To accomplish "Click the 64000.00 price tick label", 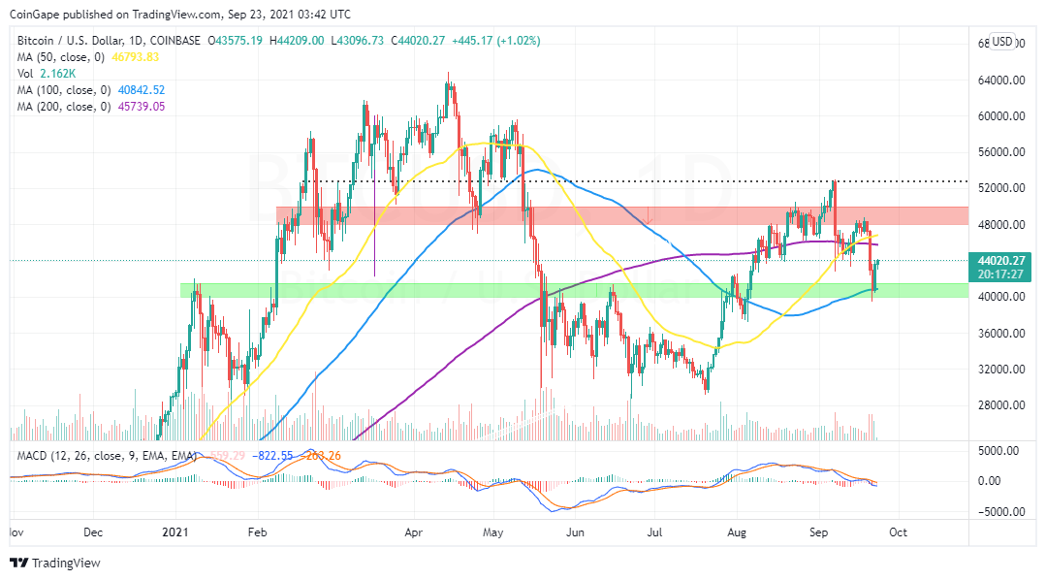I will (x=999, y=81).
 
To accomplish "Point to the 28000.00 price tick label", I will (x=999, y=405).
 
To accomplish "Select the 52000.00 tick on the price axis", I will (x=999, y=188).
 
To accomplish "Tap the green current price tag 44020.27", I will (x=999, y=260).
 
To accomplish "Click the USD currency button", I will (x=1001, y=42).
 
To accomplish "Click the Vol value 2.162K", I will (x=55, y=74).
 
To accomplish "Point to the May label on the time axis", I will (x=493, y=532).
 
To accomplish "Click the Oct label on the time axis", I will (x=898, y=532).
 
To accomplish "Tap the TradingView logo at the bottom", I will (x=55, y=563).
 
